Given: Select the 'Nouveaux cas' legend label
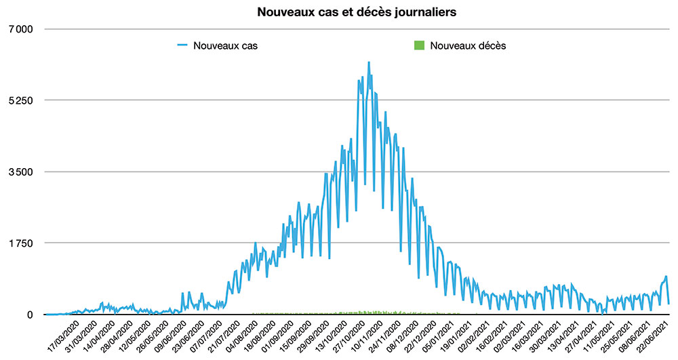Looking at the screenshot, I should click(x=224, y=46).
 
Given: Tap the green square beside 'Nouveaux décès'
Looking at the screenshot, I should click(x=418, y=46).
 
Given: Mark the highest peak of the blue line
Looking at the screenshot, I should click(x=368, y=62).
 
